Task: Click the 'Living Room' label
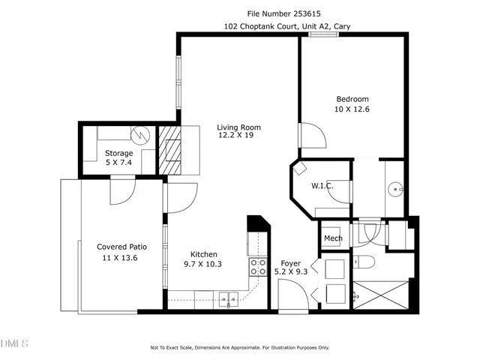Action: [238, 127]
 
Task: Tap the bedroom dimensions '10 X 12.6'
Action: [352, 109]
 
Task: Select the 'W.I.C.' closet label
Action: [322, 185]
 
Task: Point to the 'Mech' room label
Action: [333, 238]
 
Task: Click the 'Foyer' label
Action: [291, 263]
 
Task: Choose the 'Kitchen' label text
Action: [203, 254]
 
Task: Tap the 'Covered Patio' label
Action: [121, 246]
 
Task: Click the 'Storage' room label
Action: [118, 153]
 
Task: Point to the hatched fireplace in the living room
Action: [172, 150]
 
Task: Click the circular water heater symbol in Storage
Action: [140, 135]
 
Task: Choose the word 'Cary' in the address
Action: [341, 26]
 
